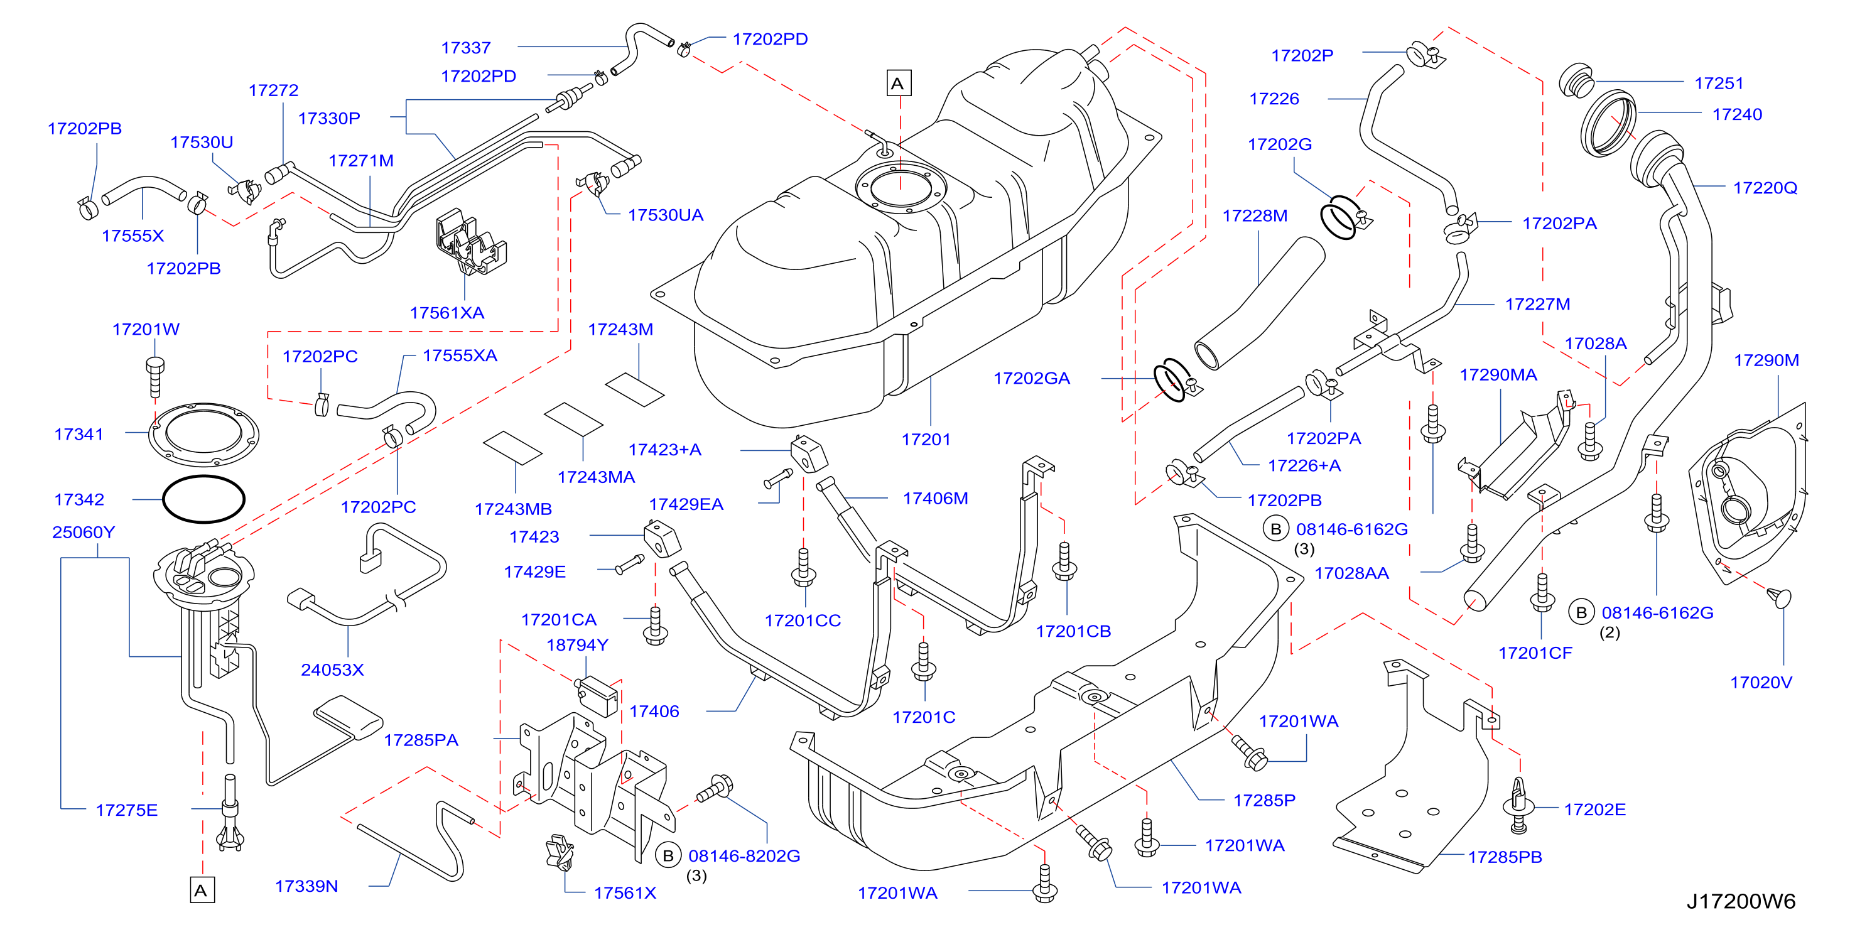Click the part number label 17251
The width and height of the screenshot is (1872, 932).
tap(1719, 83)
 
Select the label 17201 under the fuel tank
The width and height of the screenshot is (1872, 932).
tap(926, 439)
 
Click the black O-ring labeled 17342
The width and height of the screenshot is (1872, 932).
tap(203, 499)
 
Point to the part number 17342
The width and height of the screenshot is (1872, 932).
tap(79, 499)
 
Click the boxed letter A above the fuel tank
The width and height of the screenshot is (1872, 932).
tap(898, 83)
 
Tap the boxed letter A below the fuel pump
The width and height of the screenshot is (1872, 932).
tap(202, 891)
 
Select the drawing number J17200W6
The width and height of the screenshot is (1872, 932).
tap(1741, 901)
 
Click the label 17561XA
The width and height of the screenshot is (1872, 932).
tap(447, 313)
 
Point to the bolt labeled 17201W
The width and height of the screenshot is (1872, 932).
tap(154, 377)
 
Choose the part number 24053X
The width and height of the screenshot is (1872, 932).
tap(332, 669)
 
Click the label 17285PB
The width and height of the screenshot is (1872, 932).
tap(1504, 857)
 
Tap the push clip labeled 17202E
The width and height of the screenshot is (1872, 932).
tap(1517, 806)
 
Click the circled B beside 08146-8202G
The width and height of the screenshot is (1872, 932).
tap(668, 855)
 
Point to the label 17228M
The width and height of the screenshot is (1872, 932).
tap(1255, 216)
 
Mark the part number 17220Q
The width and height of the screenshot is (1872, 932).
tap(1765, 188)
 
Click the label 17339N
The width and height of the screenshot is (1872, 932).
tap(306, 886)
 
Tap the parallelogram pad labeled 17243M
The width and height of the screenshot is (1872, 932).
tap(634, 389)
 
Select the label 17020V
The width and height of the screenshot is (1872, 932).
tap(1761, 683)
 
